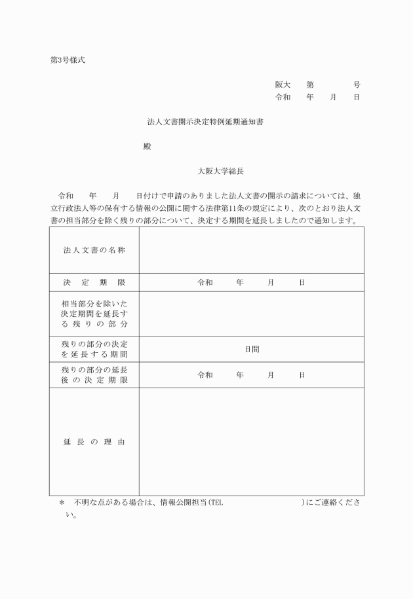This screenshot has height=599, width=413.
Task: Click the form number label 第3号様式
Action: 67,61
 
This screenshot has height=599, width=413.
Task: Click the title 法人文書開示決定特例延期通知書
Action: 206,122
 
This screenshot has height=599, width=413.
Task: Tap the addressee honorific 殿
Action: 147,146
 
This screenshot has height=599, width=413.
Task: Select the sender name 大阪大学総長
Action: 221,171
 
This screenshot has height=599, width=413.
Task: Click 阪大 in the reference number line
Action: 283,85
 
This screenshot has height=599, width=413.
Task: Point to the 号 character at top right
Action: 357,85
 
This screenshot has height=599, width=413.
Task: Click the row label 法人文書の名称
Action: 94,250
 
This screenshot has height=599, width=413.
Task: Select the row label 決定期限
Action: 94,283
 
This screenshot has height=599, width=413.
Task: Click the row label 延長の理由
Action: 94,442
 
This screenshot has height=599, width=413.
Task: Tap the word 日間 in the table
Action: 252,349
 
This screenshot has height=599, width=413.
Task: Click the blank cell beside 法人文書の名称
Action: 251,250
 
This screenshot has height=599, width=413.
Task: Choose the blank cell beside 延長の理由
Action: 251,442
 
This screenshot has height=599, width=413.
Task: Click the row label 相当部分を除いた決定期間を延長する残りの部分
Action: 94,314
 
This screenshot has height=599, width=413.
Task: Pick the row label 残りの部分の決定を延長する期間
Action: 94,349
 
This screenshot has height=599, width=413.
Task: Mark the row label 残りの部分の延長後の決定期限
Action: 94,375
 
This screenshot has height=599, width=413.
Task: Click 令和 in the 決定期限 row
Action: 205,283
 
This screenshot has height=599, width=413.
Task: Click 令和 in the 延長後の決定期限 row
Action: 205,375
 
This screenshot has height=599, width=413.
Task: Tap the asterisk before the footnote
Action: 62,503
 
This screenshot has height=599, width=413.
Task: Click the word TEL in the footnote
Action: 216,503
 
